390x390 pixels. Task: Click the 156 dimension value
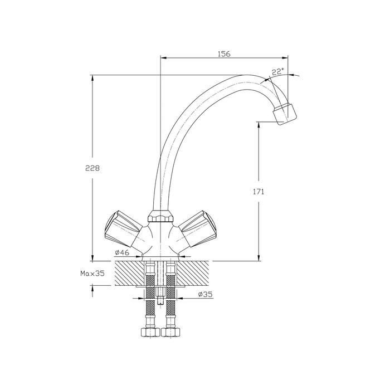click(224, 53)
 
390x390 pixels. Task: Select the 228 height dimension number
click(92, 168)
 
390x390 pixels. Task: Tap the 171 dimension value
click(259, 192)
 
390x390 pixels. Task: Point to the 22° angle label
click(277, 72)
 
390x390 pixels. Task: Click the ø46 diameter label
click(122, 253)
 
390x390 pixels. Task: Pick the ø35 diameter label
click(205, 295)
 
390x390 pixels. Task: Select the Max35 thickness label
click(92, 274)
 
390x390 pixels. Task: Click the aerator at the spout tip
click(285, 114)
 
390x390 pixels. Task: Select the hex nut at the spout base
click(160, 216)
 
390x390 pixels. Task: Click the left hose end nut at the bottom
click(150, 332)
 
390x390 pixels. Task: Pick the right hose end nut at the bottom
click(171, 332)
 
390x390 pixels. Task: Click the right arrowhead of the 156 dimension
click(285, 58)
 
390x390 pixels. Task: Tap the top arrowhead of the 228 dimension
click(92, 78)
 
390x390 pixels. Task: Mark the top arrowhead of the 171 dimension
click(259, 125)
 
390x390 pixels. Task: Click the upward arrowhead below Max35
click(92, 288)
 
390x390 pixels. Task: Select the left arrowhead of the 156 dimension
click(164, 58)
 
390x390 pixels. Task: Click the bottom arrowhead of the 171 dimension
click(259, 258)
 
